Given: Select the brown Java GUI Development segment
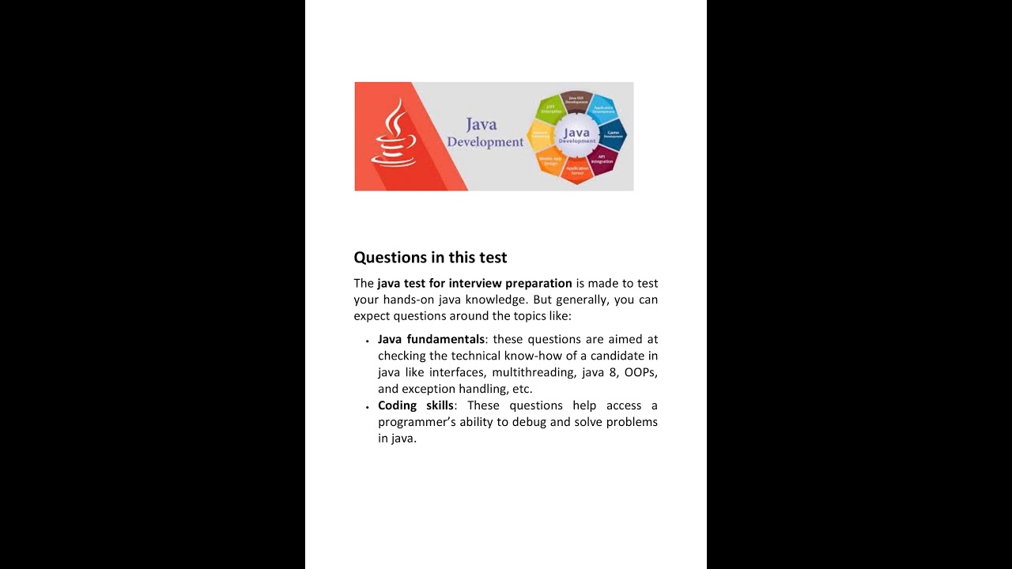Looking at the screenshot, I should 576,100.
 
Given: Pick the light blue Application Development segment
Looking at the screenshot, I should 602,109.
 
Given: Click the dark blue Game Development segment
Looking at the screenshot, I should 614,134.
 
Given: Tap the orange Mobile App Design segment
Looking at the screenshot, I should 550,160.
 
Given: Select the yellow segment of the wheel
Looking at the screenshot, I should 540,135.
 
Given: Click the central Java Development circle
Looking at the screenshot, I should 577,135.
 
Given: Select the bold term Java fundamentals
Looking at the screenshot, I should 431,339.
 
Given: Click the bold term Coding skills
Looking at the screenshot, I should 416,405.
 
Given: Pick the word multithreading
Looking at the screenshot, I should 527,372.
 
